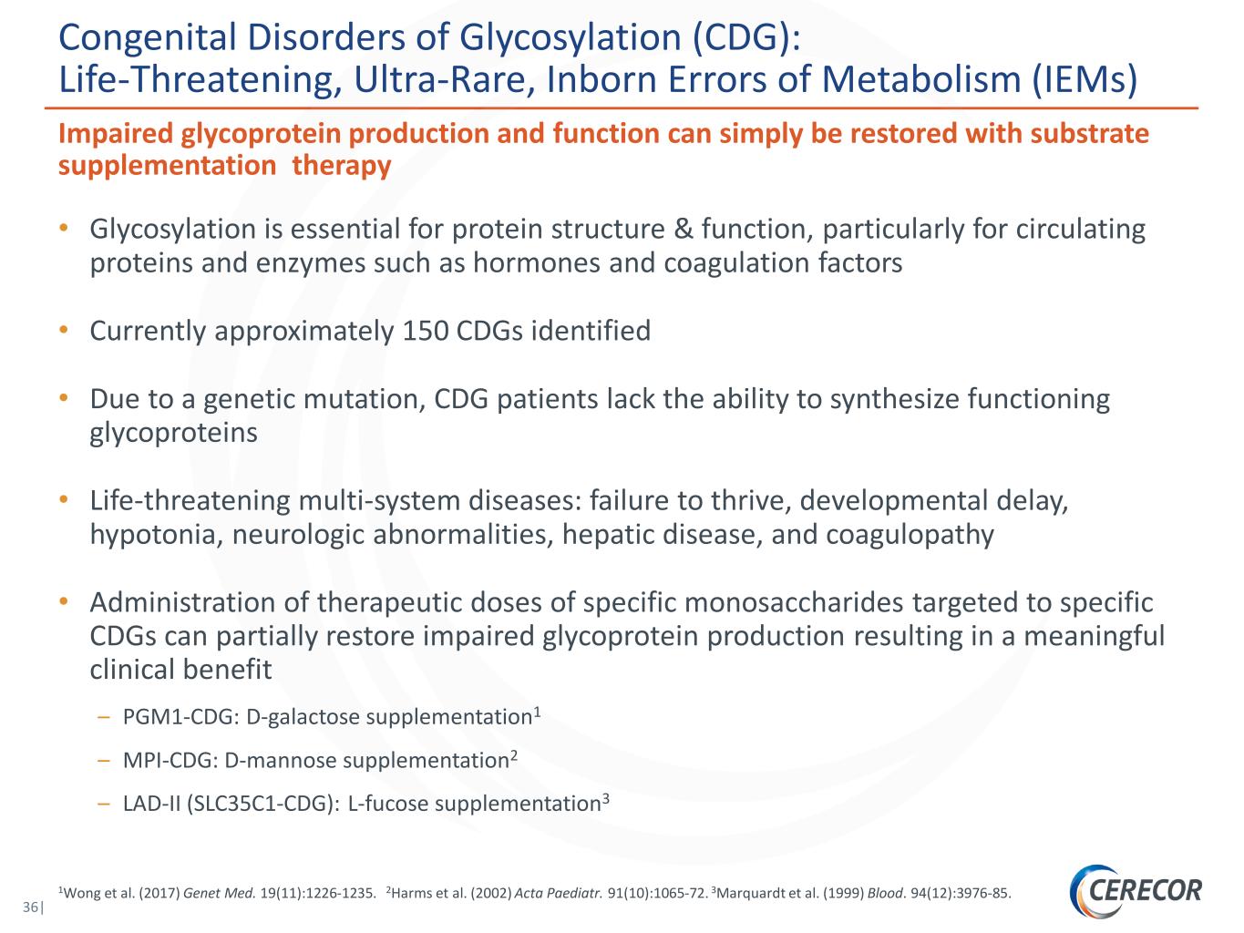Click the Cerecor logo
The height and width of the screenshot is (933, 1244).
click(1136, 890)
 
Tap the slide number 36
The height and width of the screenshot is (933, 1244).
click(30, 907)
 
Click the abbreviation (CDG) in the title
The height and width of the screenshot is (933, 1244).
click(746, 38)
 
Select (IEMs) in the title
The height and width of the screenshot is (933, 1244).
click(1084, 79)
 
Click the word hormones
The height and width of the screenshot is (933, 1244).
click(536, 263)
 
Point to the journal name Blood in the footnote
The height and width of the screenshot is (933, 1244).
click(883, 893)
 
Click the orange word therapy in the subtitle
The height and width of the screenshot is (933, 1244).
click(342, 166)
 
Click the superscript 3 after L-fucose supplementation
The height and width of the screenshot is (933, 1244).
click(606, 798)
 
